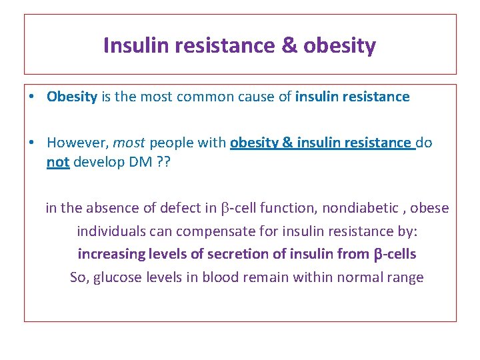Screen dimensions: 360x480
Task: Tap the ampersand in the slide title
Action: (x=287, y=45)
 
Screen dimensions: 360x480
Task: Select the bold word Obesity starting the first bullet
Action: (x=72, y=97)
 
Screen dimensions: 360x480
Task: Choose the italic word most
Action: (x=129, y=142)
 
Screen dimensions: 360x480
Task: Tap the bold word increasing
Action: (x=109, y=254)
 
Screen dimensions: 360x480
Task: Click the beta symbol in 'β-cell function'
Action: (x=225, y=209)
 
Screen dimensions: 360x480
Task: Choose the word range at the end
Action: (x=404, y=277)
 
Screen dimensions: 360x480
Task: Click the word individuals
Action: (x=109, y=231)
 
